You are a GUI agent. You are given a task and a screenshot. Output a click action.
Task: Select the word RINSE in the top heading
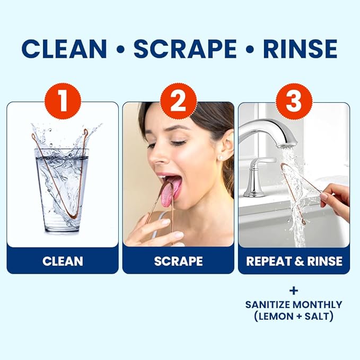tap(300, 49)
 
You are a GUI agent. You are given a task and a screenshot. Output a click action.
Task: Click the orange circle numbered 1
tap(62, 100)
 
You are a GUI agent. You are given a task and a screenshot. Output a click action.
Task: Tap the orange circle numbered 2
tap(178, 100)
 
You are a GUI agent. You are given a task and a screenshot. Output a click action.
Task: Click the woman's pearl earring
tap(220, 158)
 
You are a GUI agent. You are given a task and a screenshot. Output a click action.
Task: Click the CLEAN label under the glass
tap(63, 261)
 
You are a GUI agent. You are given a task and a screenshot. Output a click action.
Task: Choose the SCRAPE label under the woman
tap(178, 261)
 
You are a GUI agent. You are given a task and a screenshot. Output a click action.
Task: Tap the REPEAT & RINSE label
tap(294, 261)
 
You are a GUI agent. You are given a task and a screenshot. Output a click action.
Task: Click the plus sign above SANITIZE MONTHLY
tap(293, 291)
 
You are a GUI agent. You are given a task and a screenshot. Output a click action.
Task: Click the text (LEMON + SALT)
tap(293, 317)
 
